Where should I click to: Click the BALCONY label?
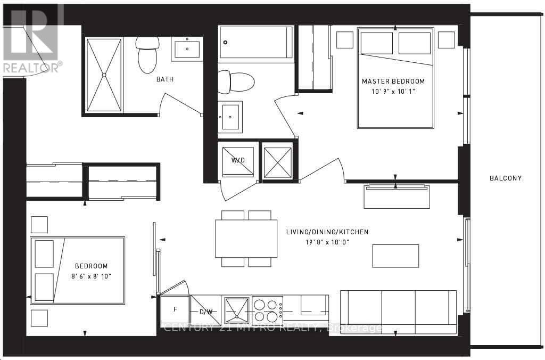point(506,178)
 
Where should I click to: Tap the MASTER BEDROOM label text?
point(393,81)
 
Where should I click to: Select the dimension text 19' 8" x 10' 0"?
point(327,242)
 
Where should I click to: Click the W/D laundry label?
point(237,160)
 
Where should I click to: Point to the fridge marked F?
point(175,308)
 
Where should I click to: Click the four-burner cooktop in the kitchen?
point(267,309)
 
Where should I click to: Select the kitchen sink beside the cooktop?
point(236,309)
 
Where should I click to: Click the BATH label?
point(164,79)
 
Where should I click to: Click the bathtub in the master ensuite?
point(256,42)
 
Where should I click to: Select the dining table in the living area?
point(246,238)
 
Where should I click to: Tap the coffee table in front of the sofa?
point(395,256)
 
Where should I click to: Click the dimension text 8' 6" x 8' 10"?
point(91,276)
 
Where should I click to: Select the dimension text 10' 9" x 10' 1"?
point(393,91)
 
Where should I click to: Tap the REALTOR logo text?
point(32,67)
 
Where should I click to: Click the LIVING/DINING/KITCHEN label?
point(327,232)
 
